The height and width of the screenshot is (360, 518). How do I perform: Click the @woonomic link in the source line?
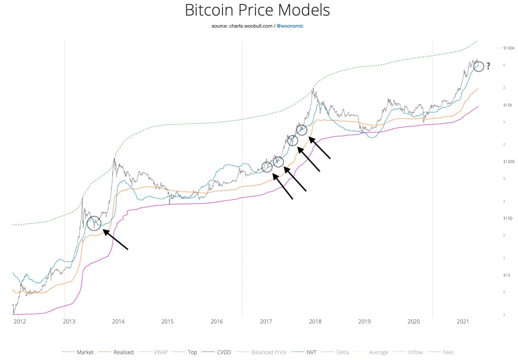290,26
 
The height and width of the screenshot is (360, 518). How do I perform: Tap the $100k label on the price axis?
509,48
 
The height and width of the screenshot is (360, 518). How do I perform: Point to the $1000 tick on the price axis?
509,161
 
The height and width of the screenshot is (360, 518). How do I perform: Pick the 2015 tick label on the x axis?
167,321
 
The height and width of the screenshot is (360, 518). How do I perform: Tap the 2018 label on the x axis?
315,321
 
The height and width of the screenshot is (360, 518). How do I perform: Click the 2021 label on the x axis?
463,321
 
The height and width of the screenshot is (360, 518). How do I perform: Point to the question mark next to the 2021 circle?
488,66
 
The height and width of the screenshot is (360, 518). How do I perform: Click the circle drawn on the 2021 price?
478,67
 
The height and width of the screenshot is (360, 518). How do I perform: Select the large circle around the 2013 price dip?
94,223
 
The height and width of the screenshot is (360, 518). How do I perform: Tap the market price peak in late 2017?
314,89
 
